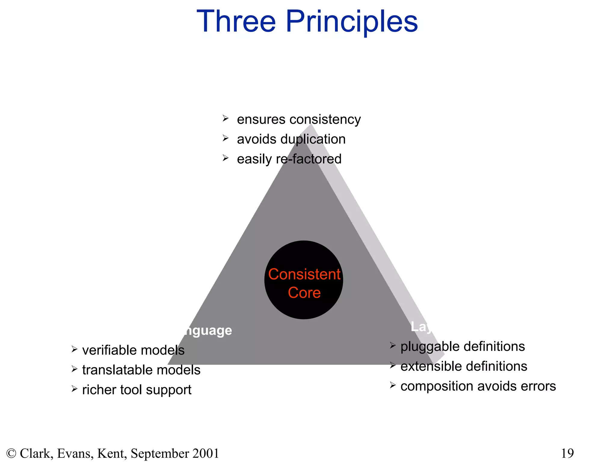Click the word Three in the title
[236, 22]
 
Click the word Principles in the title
[352, 22]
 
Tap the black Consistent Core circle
[304, 280]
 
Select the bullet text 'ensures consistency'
[299, 119]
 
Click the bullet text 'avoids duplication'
[291, 139]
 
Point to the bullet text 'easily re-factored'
[289, 159]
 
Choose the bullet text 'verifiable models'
[133, 350]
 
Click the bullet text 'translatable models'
[141, 370]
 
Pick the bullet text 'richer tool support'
[137, 390]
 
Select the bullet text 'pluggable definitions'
[463, 346]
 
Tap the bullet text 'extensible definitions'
[464, 366]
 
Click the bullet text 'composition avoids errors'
[478, 386]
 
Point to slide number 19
[567, 453]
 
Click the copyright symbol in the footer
[11, 453]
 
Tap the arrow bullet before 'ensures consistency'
[226, 119]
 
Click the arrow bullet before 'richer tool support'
[75, 389]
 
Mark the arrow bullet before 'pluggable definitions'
[393, 346]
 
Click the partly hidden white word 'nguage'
[208, 331]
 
